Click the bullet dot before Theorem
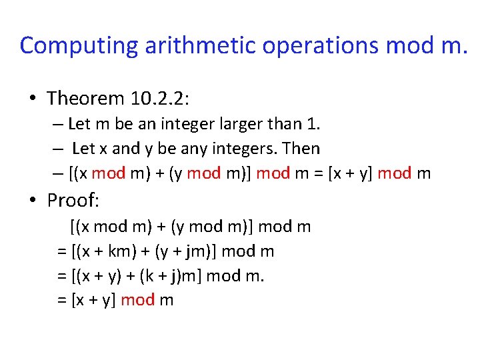31,99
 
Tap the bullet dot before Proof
31,199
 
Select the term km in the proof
124,251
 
